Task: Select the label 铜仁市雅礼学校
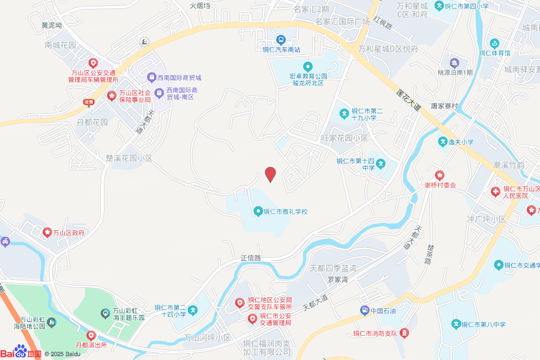click(285, 212)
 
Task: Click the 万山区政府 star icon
click(47, 232)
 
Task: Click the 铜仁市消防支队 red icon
click(404, 333)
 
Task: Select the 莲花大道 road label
click(408, 99)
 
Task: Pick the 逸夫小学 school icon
click(442, 142)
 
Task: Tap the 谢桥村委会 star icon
click(440, 175)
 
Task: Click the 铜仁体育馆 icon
click(494, 43)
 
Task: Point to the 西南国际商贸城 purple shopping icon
click(151, 78)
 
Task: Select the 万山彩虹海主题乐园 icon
click(105, 314)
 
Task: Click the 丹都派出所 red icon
click(91, 335)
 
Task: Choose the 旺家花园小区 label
click(344, 138)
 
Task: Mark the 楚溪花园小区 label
click(129, 158)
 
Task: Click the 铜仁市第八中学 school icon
click(457, 324)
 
